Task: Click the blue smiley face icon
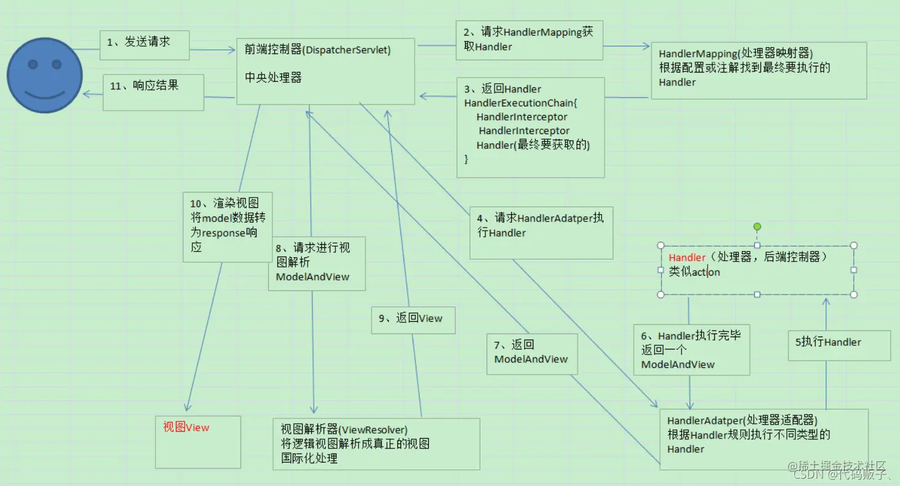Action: pos(44,76)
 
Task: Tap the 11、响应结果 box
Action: pos(153,93)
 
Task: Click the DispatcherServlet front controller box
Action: pos(326,70)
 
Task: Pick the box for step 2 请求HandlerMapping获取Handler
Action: pos(529,39)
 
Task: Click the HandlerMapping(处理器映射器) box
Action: pos(759,70)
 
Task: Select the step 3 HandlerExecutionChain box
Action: pos(530,127)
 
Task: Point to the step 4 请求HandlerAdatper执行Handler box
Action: pos(541,233)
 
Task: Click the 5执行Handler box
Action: pos(840,345)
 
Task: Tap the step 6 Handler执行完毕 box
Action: pos(691,349)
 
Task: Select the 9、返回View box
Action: pos(413,319)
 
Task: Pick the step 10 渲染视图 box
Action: pos(228,226)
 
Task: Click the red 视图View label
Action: pos(186,428)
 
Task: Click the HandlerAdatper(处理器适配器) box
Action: pos(763,439)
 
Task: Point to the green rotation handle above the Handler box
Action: pos(757,226)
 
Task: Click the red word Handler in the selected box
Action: pos(687,258)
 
